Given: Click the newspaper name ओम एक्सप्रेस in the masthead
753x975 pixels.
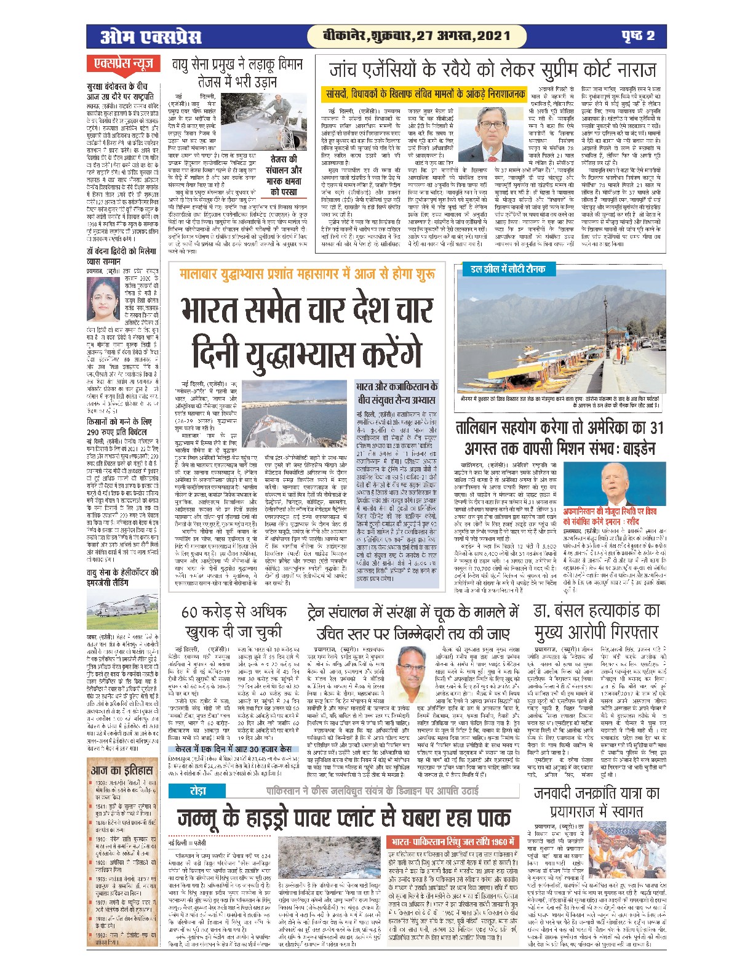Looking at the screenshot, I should click(150, 37).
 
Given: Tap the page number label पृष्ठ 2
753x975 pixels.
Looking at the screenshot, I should click(636, 36).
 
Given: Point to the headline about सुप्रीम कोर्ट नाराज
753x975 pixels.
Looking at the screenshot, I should click(492, 70).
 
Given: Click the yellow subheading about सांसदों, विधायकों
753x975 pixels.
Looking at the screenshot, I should click(425, 94).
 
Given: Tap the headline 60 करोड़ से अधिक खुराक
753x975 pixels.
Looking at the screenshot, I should click(234, 622).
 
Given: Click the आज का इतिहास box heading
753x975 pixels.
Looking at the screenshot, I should click(122, 770).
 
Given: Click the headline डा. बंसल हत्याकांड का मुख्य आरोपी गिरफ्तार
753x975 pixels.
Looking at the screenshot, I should click(596, 622).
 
